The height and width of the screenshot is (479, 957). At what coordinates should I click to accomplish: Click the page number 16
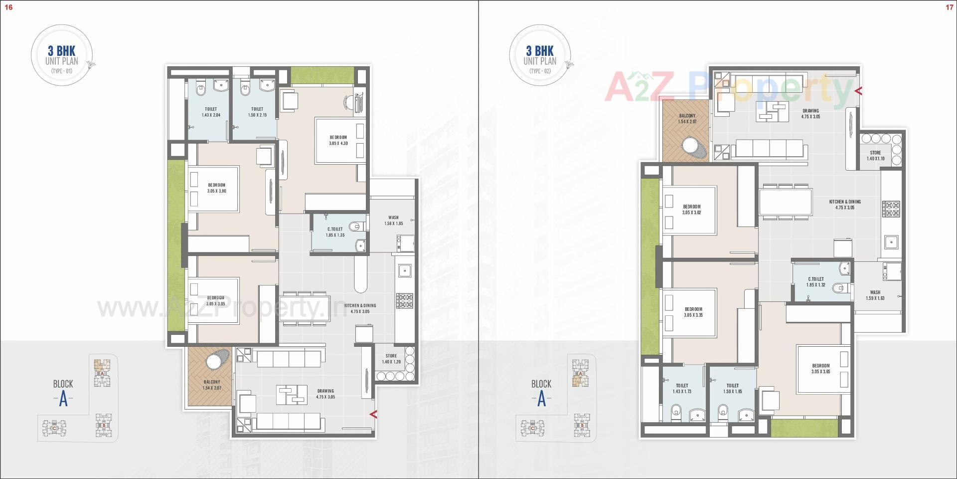pos(8,7)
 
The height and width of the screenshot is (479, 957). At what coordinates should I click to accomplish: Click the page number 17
pos(949,7)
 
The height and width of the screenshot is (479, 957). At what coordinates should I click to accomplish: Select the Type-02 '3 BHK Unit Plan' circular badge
pos(539,59)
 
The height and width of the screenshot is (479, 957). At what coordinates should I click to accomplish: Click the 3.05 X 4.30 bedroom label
pos(338,140)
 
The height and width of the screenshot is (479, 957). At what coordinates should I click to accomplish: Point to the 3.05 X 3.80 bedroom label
pos(217,188)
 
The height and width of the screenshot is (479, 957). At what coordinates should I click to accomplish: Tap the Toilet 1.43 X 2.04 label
pos(210,112)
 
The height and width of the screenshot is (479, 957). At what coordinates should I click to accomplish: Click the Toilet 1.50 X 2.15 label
pos(257,112)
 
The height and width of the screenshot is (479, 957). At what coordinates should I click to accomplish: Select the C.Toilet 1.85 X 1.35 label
pos(335,232)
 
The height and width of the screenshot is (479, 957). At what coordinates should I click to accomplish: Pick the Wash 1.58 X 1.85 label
pos(393,221)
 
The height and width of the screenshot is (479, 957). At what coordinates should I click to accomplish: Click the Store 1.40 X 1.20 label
pos(391,359)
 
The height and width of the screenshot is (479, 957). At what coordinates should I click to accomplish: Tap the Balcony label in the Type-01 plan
pos(212,385)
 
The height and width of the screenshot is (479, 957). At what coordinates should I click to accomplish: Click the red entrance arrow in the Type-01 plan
pos(373,414)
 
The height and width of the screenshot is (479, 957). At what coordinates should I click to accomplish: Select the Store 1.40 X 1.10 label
pos(875,156)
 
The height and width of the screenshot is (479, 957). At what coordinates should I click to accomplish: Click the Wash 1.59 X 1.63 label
pos(875,295)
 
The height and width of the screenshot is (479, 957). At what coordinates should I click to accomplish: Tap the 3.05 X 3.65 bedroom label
pos(820,369)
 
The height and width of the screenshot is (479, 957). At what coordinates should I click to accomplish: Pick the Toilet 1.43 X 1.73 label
pos(682,389)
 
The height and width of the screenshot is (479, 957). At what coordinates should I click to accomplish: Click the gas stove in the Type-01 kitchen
pos(404,300)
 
